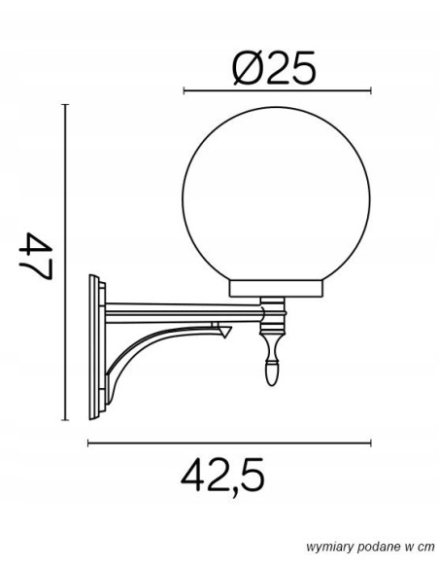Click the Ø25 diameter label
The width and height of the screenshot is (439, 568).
tap(274, 68)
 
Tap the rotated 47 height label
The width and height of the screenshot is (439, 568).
tap(36, 256)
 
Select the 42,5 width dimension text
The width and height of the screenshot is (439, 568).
tap(222, 476)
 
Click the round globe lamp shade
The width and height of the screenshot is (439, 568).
tap(276, 195)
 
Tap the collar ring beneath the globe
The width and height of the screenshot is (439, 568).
tap(276, 288)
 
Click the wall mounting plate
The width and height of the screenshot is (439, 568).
tap(97, 347)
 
